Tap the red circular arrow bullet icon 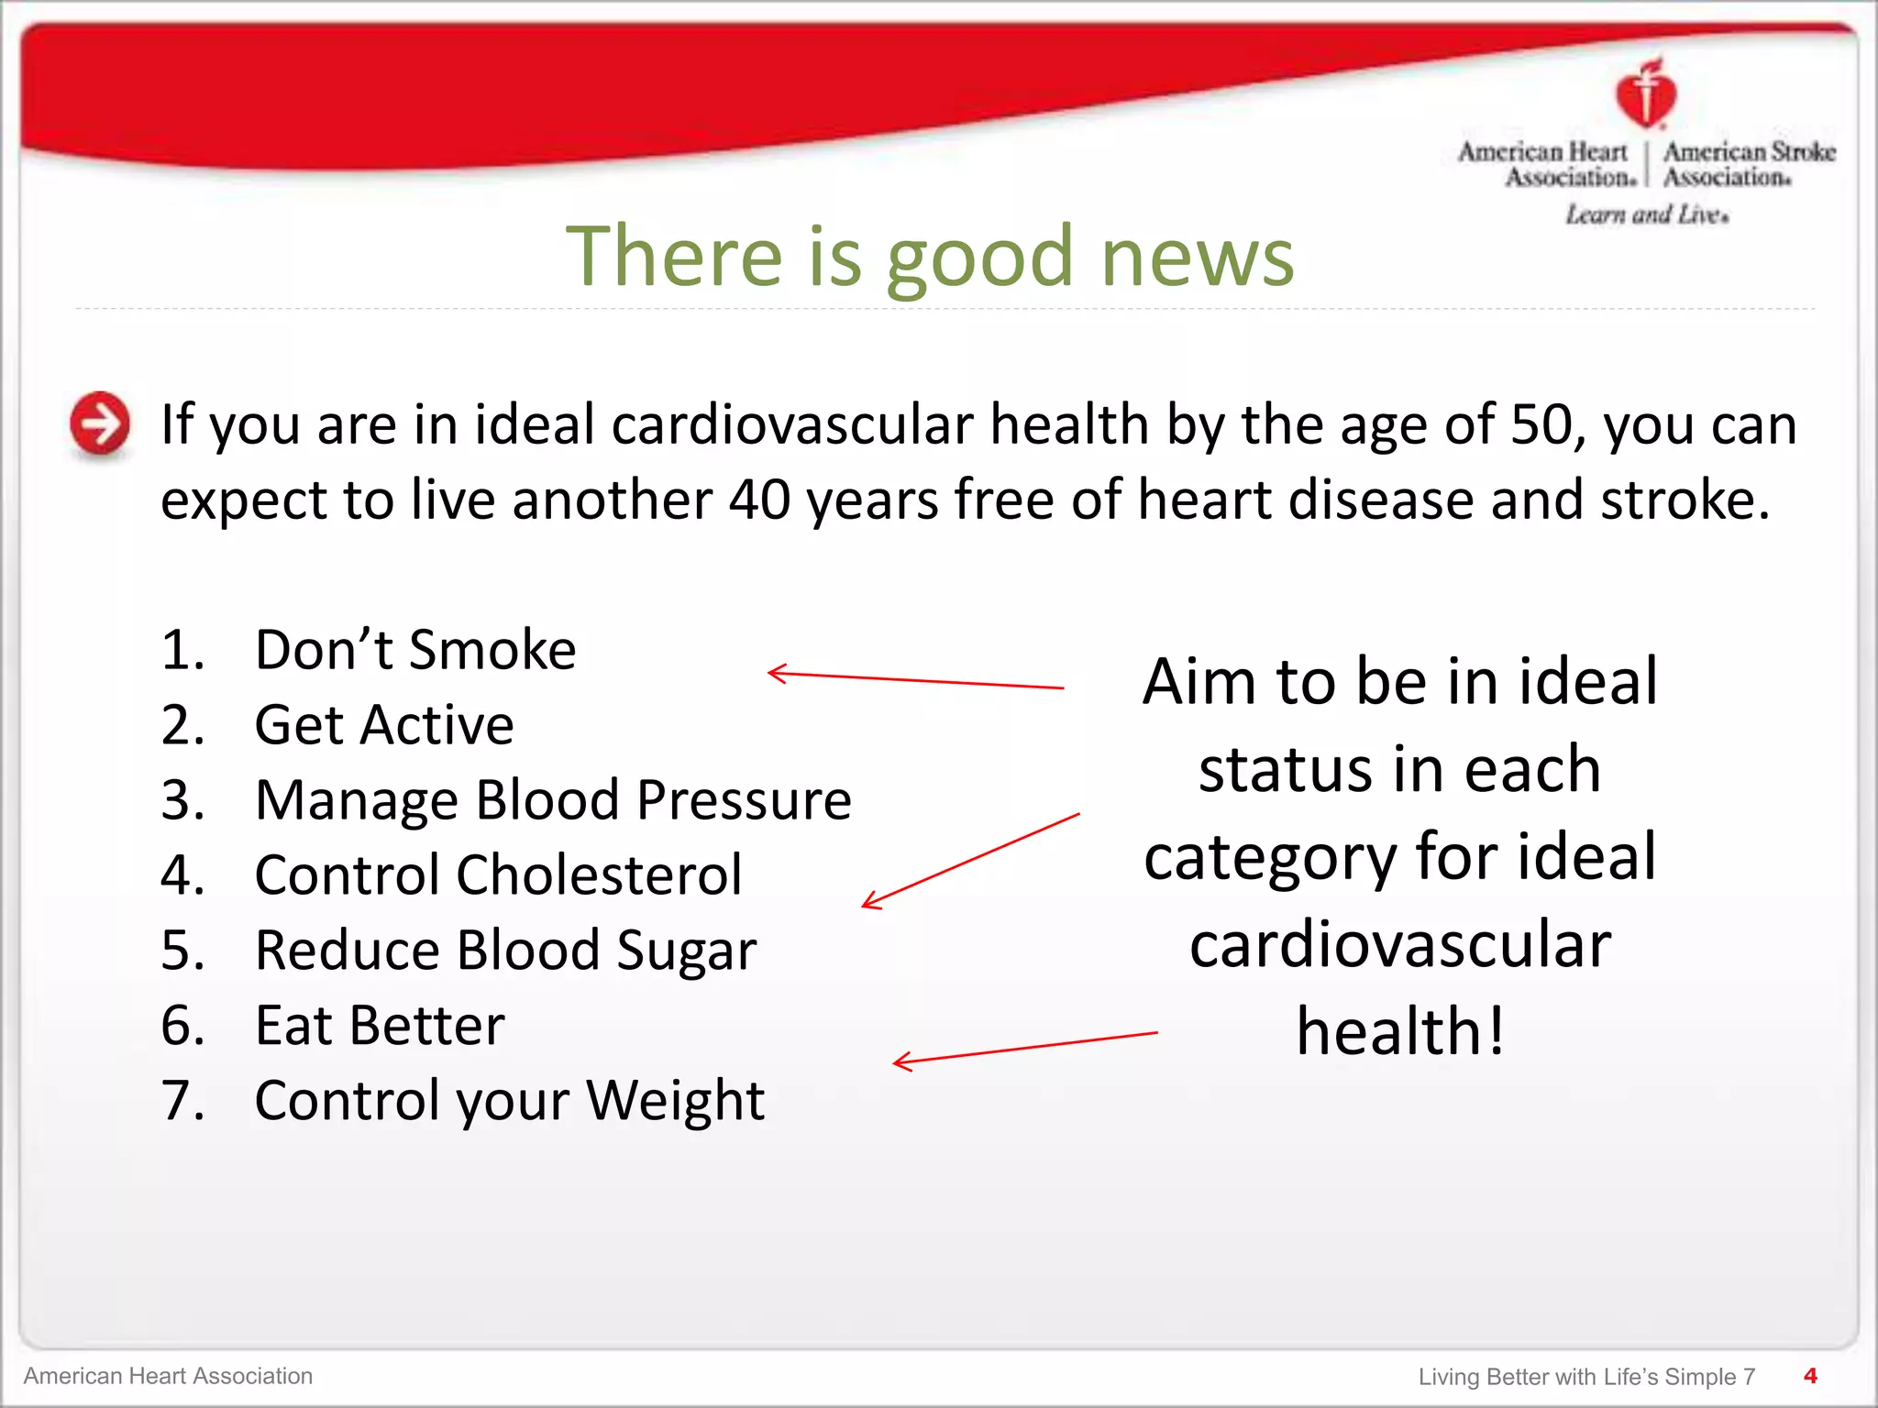[x=100, y=423]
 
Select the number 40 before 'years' [x=760, y=500]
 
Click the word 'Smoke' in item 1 [x=492, y=650]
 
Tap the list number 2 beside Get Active [x=181, y=725]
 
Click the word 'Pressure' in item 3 [x=744, y=800]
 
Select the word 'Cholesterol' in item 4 [x=599, y=875]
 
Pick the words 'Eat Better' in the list [x=380, y=1026]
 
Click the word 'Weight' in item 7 [x=675, y=1100]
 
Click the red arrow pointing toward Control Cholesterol [x=970, y=861]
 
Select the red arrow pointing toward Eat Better [x=1024, y=1048]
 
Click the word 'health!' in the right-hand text [x=1400, y=1032]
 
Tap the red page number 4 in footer [x=1809, y=1375]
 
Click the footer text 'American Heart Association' [x=168, y=1376]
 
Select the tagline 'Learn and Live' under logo [x=1646, y=214]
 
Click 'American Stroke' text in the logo [x=1749, y=151]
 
